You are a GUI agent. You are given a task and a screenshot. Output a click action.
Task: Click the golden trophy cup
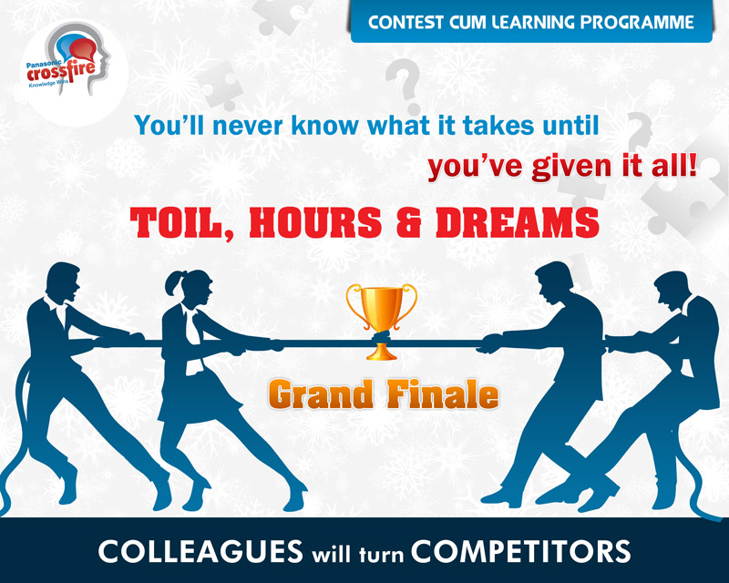pyautogui.click(x=381, y=321)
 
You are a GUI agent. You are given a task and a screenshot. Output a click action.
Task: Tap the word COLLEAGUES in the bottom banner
pyautogui.click(x=200, y=551)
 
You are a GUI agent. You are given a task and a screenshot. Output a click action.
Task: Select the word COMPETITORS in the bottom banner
pyautogui.click(x=520, y=551)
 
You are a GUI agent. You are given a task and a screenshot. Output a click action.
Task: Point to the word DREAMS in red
pyautogui.click(x=517, y=221)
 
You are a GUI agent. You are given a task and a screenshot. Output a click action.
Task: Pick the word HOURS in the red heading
pyautogui.click(x=315, y=221)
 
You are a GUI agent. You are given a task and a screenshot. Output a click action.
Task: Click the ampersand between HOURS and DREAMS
pyautogui.click(x=409, y=222)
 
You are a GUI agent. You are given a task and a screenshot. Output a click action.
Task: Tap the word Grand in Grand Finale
pyautogui.click(x=321, y=395)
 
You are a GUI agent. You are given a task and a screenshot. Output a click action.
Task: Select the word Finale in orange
pyautogui.click(x=443, y=394)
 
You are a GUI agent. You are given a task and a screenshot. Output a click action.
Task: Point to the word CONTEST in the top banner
pyautogui.click(x=405, y=22)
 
